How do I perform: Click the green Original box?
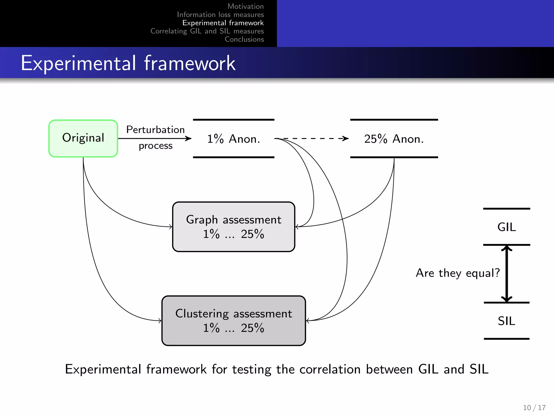[x=83, y=138]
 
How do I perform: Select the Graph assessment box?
[x=233, y=227]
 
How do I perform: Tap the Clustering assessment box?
[x=233, y=320]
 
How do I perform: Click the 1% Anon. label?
[x=233, y=139]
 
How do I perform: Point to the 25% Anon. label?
[x=394, y=139]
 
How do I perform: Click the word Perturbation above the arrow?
[x=155, y=130]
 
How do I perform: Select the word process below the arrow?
[x=155, y=146]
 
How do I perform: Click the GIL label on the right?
[x=506, y=227]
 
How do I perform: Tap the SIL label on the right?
[x=506, y=321]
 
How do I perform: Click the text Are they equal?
[x=458, y=273]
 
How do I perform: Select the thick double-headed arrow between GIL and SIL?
[x=506, y=273]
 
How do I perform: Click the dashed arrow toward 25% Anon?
[x=314, y=139]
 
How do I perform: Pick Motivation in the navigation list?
[x=245, y=6]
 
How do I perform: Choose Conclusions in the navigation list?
[x=244, y=39]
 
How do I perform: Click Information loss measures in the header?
[x=220, y=15]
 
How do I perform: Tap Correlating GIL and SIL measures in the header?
[x=207, y=31]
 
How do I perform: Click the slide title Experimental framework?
[x=128, y=63]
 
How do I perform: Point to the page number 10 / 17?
[x=534, y=407]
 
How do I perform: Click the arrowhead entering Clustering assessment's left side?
[x=160, y=320]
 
